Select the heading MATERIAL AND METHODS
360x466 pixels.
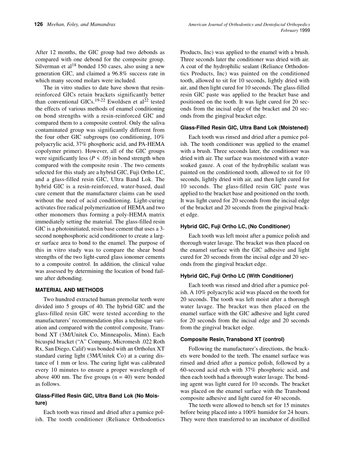click(69, 290)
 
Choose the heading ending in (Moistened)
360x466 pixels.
click(244, 128)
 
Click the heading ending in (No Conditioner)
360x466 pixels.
click(235, 227)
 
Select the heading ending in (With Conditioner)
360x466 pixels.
click(237, 276)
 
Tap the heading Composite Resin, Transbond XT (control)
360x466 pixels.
click(232, 339)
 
